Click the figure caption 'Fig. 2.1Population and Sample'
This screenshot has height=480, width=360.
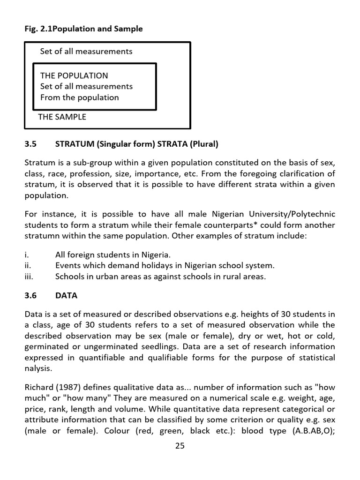pos(83,29)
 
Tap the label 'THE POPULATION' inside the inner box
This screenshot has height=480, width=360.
pos(74,75)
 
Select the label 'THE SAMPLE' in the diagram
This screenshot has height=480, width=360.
pos(62,117)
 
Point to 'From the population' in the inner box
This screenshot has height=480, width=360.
pos(79,97)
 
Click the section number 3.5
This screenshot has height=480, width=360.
pos(30,144)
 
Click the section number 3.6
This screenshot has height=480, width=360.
pos(30,296)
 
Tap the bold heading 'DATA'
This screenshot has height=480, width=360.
pos(66,296)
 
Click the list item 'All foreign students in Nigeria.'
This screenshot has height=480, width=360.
pos(113,255)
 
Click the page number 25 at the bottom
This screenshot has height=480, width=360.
pos(180,446)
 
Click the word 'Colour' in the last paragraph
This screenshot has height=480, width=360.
pos(111,431)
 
